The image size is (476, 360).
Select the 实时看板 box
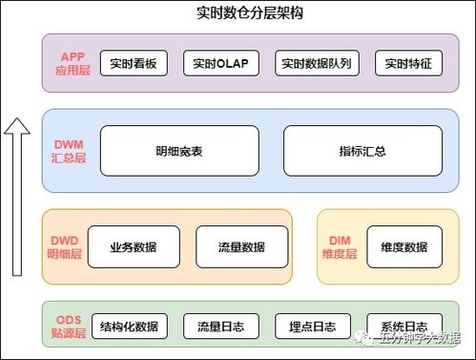pyautogui.click(x=133, y=64)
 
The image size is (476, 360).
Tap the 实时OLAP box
pyautogui.click(x=218, y=64)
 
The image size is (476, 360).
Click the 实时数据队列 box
pyautogui.click(x=316, y=64)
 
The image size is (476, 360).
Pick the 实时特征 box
pyautogui.click(x=408, y=64)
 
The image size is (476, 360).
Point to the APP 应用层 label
pyautogui.click(x=72, y=64)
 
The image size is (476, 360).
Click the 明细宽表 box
pyautogui.click(x=179, y=151)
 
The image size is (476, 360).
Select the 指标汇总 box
pyautogui.click(x=362, y=151)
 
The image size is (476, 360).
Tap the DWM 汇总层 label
pyautogui.click(x=69, y=151)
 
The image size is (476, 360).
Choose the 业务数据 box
pyautogui.click(x=134, y=247)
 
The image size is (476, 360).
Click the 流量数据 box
pyautogui.click(x=240, y=247)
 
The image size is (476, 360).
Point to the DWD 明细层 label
pyautogui.click(x=64, y=247)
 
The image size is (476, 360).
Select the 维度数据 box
pyautogui.click(x=404, y=247)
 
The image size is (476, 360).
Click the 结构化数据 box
pyautogui.click(x=128, y=326)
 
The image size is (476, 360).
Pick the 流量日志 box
pyautogui.click(x=220, y=326)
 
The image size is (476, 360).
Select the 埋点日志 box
pyautogui.click(x=312, y=326)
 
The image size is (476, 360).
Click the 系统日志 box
pyautogui.click(x=404, y=326)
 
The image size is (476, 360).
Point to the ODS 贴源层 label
pyautogui.click(x=68, y=326)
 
